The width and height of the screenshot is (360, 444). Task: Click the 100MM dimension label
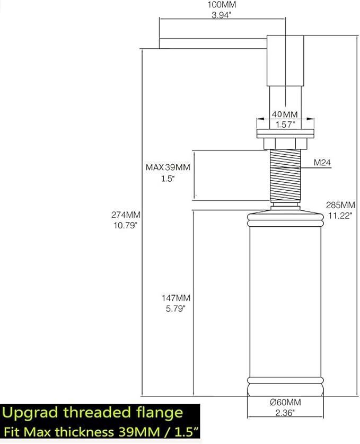[222, 5]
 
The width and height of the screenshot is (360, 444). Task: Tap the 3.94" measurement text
[222, 15]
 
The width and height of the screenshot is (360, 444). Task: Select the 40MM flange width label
[285, 114]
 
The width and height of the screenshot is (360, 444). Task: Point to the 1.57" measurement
[285, 125]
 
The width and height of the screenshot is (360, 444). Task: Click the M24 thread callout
[322, 163]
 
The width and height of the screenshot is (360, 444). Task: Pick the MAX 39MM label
[168, 167]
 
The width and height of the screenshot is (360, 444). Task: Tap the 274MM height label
[126, 215]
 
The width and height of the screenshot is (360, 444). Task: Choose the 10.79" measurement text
[125, 225]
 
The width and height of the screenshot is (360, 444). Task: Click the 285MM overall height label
[340, 205]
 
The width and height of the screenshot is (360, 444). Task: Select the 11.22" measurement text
[340, 216]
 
